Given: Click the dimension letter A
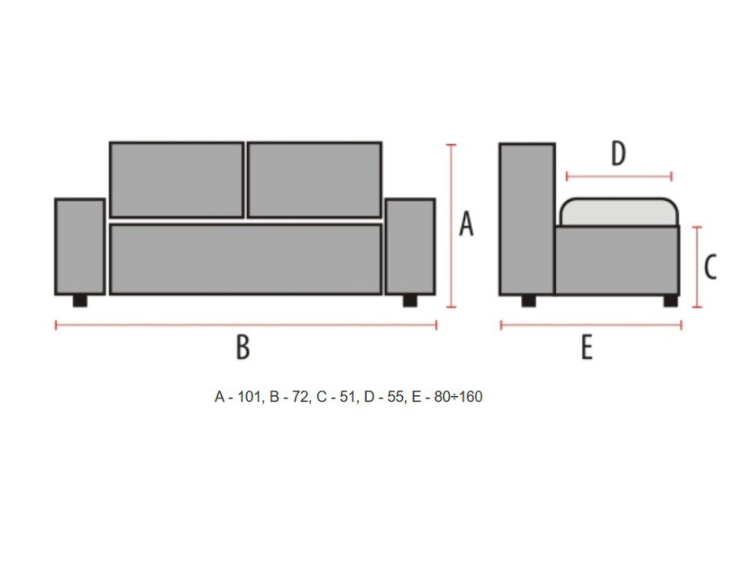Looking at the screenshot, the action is tap(466, 224).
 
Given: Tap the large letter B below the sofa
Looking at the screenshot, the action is tap(243, 347).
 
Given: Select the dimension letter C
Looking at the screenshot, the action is tap(710, 266).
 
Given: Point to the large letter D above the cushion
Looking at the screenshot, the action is tap(618, 153).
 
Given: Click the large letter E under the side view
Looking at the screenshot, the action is tap(587, 347).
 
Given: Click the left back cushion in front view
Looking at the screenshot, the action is tap(177, 180).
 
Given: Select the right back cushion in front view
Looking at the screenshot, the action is tap(314, 180).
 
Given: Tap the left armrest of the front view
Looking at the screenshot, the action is tap(80, 246).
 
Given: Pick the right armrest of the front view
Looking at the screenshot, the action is tap(410, 246).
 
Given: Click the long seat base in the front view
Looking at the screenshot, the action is tap(246, 259).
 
